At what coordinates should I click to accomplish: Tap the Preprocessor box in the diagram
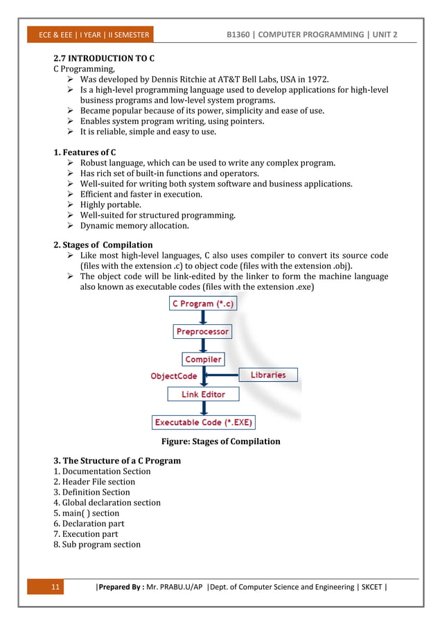(202, 332)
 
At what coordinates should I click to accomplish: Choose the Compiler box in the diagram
(203, 360)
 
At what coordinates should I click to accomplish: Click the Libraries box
(268, 375)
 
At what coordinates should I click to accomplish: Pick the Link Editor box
(203, 394)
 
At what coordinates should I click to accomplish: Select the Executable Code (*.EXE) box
(203, 422)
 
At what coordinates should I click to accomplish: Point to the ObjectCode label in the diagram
(174, 376)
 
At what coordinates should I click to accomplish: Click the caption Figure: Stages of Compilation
(220, 441)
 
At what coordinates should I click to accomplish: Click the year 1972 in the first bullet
(324, 80)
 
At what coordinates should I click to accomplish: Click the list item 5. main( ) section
(87, 513)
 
